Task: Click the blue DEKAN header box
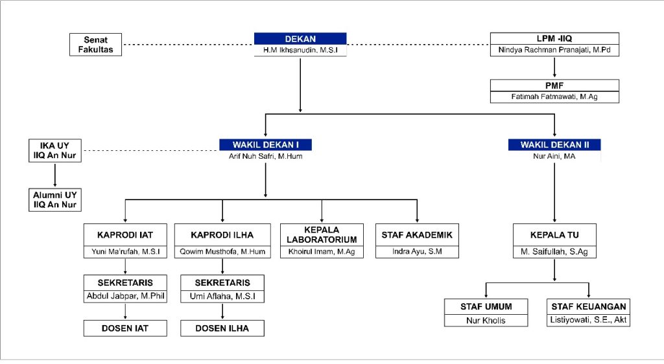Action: (x=300, y=39)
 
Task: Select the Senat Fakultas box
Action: (x=95, y=45)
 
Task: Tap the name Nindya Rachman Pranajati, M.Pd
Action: (x=554, y=50)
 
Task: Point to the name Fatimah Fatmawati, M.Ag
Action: (x=554, y=97)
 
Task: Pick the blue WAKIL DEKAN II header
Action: (x=554, y=144)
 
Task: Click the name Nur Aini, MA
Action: (x=554, y=156)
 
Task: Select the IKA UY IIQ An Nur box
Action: (x=56, y=150)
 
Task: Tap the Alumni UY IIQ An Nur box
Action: (x=56, y=199)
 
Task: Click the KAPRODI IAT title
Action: (x=125, y=235)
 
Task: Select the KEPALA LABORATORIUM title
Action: (x=322, y=235)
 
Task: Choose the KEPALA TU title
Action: (x=554, y=235)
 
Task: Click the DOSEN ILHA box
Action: (x=222, y=328)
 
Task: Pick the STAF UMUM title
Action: (x=487, y=306)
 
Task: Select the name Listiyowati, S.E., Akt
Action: (x=589, y=320)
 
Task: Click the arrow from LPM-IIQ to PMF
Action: (x=554, y=67)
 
